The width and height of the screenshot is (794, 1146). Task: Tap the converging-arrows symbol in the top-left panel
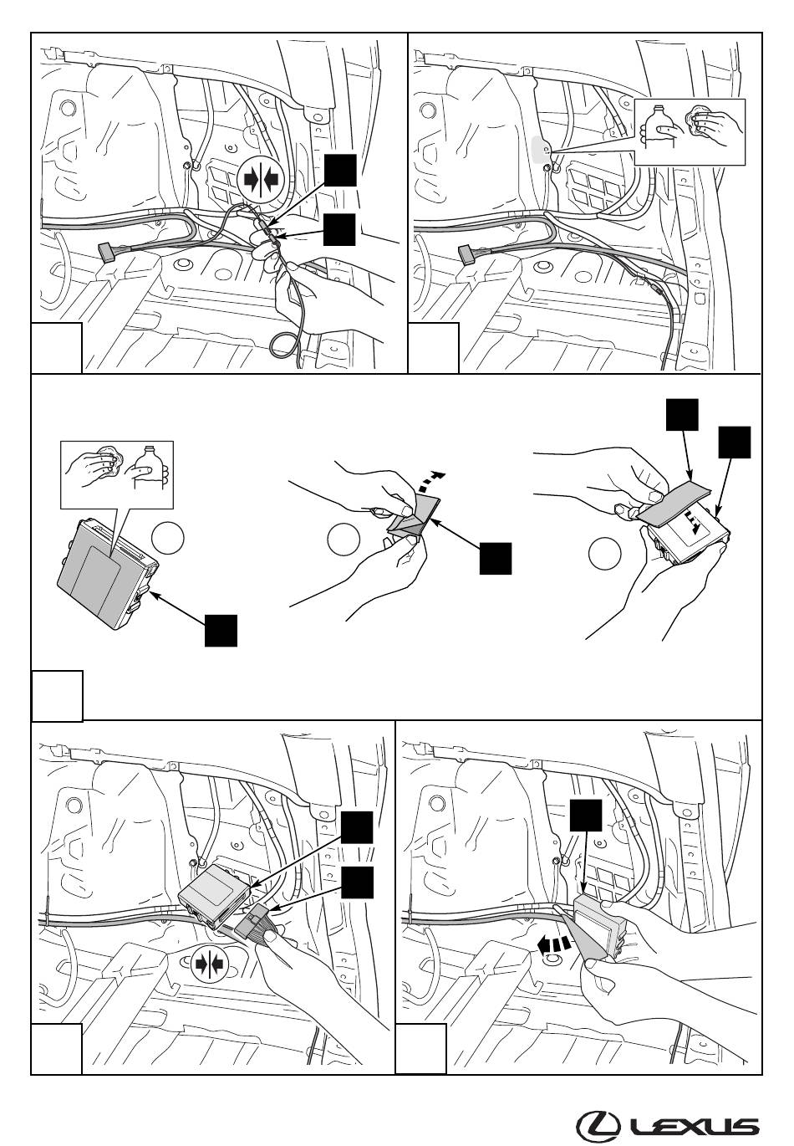(261, 180)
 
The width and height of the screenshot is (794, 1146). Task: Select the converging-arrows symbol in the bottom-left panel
(210, 964)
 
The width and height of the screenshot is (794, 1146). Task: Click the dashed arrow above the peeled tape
(434, 479)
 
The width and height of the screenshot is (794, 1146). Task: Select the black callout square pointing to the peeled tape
(496, 559)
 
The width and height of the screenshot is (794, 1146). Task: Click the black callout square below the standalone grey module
(221, 631)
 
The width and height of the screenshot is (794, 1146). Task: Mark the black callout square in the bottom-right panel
(585, 816)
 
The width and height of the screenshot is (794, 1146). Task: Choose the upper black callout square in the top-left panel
(340, 171)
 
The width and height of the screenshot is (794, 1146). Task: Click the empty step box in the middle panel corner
(57, 696)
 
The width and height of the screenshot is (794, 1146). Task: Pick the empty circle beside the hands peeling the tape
(344, 539)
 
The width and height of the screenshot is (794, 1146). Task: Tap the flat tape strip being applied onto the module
(674, 502)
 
